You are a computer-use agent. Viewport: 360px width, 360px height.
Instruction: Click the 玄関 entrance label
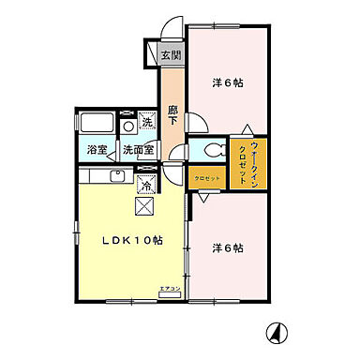coord(172,55)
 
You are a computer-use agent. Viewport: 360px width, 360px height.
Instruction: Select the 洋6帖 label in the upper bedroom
coord(227,83)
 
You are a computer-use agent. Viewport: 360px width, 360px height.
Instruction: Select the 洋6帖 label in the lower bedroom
coord(227,248)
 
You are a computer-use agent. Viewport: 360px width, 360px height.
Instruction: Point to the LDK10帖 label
coord(132,239)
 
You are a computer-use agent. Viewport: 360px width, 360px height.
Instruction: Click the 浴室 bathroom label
coord(97,150)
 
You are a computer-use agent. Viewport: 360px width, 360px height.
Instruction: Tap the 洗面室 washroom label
coord(137,150)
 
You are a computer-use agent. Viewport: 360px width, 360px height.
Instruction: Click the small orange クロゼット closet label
coord(207,177)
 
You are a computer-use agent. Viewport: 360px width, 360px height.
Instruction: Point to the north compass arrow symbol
coord(277,332)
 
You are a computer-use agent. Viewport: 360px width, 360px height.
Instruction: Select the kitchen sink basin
coord(116,175)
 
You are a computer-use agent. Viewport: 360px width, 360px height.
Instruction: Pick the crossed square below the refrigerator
coord(145,208)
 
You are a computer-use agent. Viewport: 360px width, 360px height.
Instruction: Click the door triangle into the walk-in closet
coord(247,129)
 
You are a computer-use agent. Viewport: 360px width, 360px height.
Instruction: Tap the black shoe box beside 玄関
coord(151,55)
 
